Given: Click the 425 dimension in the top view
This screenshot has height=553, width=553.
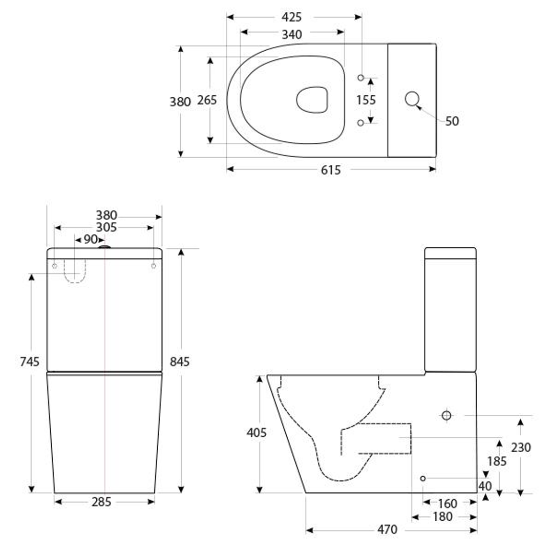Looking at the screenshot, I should click(291, 17).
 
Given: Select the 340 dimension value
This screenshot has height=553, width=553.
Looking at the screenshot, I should click(291, 34).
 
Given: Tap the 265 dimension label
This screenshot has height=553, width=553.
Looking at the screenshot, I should click(207, 100).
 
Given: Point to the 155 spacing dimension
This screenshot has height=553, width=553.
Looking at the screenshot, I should click(366, 100).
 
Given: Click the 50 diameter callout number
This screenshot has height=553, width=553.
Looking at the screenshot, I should click(452, 121).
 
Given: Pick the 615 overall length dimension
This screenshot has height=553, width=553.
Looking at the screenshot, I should click(331, 170).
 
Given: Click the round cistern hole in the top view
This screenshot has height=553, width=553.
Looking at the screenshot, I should click(412, 99).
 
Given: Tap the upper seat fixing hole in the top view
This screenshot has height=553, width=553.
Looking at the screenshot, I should click(360, 77).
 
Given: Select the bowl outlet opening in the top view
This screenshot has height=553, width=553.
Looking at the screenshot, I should click(311, 99).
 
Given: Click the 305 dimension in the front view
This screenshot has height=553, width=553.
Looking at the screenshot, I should click(107, 227).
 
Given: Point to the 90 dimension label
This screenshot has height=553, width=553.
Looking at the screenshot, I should click(91, 239).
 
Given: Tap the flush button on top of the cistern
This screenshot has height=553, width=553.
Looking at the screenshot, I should click(104, 247).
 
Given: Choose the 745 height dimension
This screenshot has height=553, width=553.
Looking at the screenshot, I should click(30, 362).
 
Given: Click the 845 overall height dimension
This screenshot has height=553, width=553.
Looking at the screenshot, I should click(180, 361).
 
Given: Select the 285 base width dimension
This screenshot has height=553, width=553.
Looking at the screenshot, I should click(101, 502).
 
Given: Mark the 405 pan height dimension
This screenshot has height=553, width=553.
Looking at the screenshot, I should click(257, 433).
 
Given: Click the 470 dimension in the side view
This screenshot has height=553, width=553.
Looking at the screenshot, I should click(387, 530).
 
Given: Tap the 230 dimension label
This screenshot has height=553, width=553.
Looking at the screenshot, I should click(521, 448).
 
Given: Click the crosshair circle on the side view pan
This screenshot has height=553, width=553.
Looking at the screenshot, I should click(446, 415).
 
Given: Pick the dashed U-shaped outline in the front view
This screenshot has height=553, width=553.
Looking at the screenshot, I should click(75, 272).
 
